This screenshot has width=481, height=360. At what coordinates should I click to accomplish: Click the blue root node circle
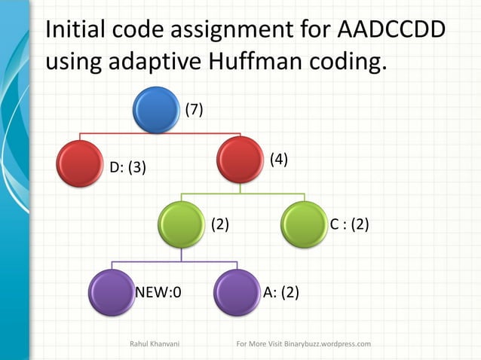[x=155, y=109]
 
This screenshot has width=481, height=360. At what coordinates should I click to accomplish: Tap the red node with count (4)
[x=239, y=159]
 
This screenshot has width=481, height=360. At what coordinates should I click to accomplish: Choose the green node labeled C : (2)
[x=304, y=224]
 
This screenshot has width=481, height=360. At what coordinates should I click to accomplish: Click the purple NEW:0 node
[x=112, y=291]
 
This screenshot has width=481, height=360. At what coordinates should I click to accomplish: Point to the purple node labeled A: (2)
[x=237, y=291]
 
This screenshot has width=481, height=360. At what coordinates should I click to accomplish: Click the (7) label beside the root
[x=195, y=110]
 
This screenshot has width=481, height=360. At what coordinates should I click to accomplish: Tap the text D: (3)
[x=128, y=167]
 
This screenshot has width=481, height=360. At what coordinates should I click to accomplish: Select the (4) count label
[x=279, y=159]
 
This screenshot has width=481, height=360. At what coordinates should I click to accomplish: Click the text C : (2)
[x=349, y=224]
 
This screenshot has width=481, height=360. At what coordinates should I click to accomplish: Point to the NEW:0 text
[x=158, y=291]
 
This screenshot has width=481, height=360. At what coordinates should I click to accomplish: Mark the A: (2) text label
[x=280, y=291]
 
